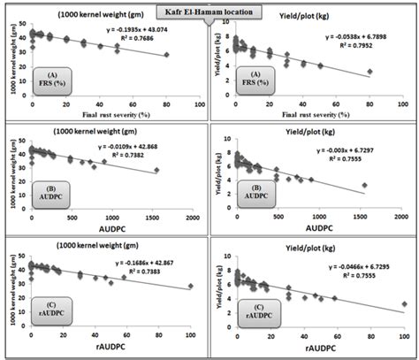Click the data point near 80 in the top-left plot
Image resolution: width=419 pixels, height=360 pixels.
point(166,55)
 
